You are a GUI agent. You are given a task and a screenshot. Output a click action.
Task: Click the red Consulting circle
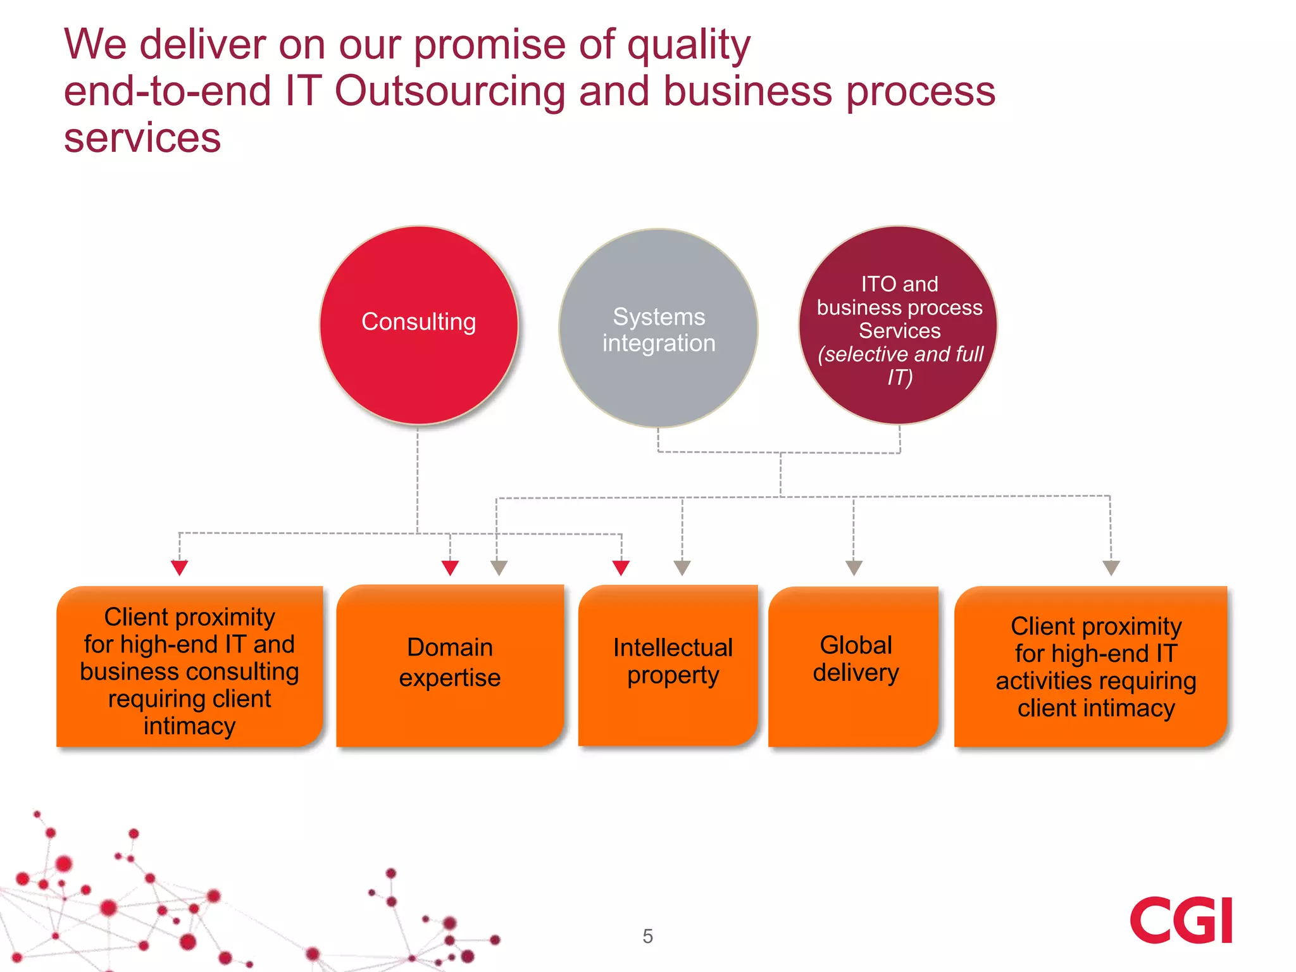coord(418,325)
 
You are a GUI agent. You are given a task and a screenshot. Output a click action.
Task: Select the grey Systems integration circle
coord(658,328)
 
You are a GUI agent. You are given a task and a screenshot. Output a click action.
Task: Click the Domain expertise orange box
coord(450,664)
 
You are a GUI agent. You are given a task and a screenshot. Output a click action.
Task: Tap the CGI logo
coord(1181,920)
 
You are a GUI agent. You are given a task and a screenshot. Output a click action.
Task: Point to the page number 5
coord(647,936)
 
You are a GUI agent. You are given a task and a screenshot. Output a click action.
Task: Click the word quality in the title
coord(688,46)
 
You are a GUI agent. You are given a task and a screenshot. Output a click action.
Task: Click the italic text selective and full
coord(900,354)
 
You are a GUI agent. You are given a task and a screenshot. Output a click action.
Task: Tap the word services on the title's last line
coord(142,138)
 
